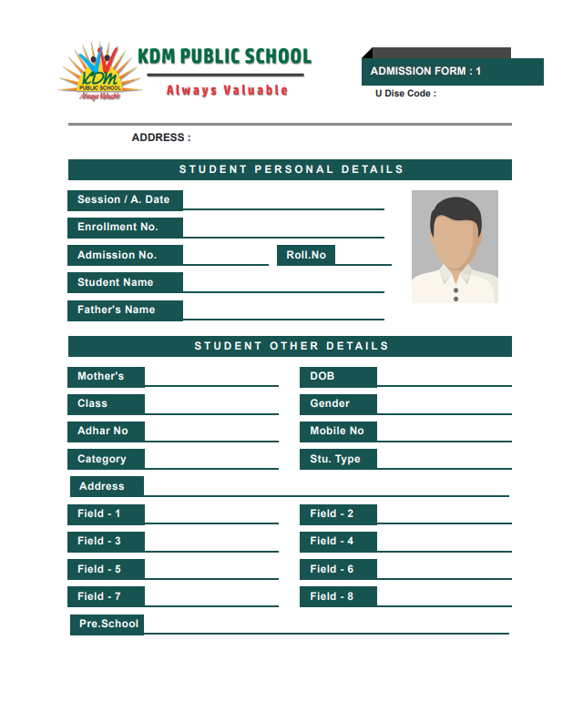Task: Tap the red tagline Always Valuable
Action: [227, 90]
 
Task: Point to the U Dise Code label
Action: [405, 93]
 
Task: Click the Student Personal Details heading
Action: [291, 169]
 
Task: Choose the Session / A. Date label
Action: [124, 200]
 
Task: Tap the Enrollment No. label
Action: [118, 228]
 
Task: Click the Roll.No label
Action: [306, 255]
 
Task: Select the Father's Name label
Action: [117, 310]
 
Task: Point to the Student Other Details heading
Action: [291, 346]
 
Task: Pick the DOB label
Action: [322, 377]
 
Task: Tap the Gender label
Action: [330, 404]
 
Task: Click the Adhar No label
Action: [103, 432]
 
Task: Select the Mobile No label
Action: [337, 432]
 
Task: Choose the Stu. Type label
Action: [335, 460]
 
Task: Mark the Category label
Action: [102, 460]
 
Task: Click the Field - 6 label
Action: [332, 570]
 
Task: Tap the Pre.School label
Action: [108, 625]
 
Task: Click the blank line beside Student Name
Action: [282, 284]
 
